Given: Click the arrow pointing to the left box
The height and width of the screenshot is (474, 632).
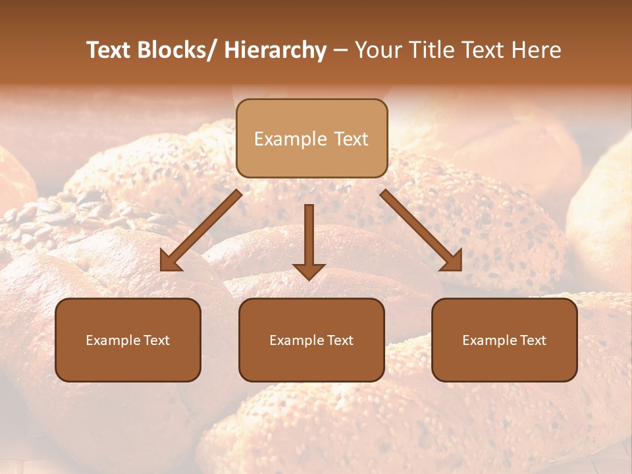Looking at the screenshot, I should pos(200,230).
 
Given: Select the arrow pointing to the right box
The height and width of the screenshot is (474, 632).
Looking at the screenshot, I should pos(421,230).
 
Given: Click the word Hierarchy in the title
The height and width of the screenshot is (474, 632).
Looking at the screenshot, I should pos(275,50).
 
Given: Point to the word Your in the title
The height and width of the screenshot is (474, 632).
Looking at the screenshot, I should pos(379,50).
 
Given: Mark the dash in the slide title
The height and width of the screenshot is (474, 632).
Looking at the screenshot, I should pos(340,51).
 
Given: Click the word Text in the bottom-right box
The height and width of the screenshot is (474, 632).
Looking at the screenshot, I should pos(533,340).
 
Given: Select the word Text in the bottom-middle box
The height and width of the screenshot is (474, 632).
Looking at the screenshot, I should pos(340,340).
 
